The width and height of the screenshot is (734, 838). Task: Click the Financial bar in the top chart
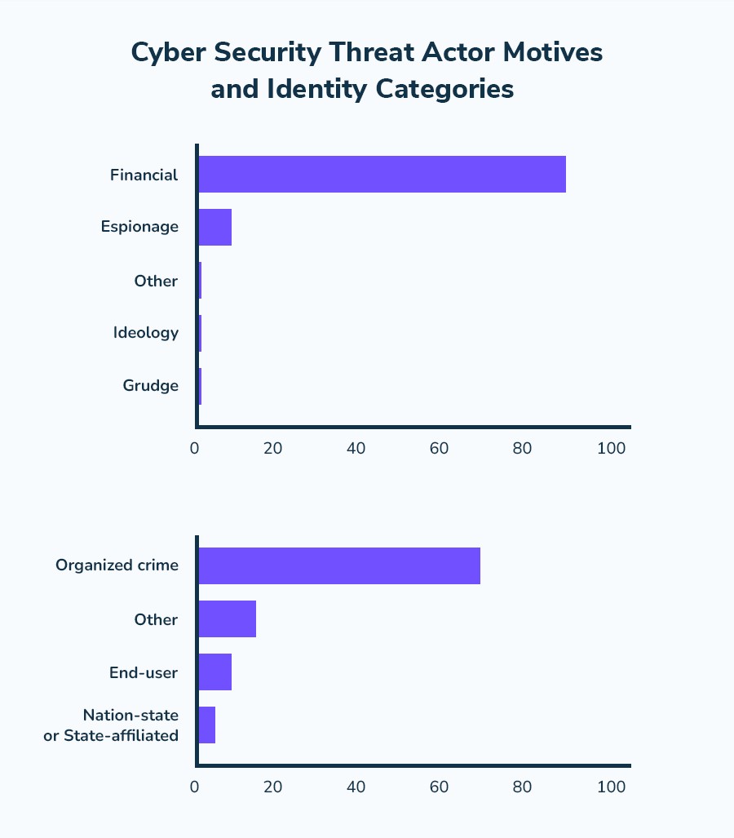click(382, 175)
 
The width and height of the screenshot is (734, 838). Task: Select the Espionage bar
click(215, 228)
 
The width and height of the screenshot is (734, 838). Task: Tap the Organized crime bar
click(339, 566)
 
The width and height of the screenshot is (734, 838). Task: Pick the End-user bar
click(215, 672)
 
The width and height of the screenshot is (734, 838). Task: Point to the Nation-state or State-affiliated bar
click(207, 725)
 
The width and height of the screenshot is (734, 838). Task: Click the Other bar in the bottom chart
click(228, 619)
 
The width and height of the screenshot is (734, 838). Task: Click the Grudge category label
click(150, 386)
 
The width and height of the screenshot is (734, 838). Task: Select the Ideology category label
click(145, 333)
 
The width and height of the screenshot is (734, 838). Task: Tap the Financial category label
click(144, 175)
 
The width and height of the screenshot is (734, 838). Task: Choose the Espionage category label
click(139, 227)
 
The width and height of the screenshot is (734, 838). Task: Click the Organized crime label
click(117, 565)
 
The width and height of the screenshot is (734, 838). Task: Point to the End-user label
click(144, 672)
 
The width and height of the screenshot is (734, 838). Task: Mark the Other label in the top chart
click(156, 281)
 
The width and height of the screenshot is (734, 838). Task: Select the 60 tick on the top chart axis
click(440, 448)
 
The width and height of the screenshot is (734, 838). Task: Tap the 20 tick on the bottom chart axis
click(272, 787)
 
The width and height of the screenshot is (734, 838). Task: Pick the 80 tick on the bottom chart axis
click(522, 787)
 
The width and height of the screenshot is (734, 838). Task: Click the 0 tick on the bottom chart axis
click(195, 787)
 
